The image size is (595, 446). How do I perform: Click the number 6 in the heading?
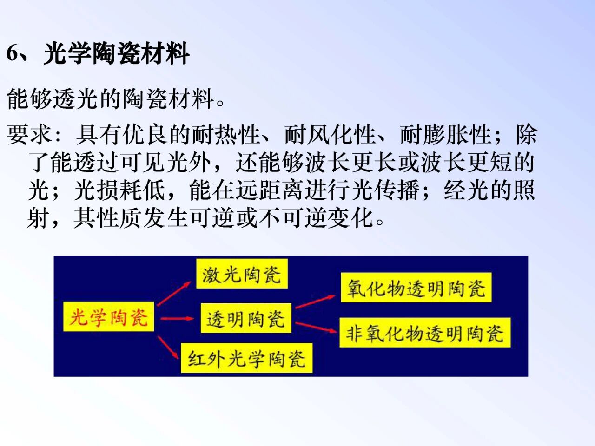pos(13,53)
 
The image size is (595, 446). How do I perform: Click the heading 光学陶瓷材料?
pos(117,53)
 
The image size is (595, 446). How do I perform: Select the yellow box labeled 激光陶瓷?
pos(242,274)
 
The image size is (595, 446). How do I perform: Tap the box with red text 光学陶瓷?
pos(108,316)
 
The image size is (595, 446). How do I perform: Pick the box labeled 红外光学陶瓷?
pos(247,358)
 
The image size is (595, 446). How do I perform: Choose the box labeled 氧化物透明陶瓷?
pos(416,288)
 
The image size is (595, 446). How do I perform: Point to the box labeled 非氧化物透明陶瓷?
pos(425,333)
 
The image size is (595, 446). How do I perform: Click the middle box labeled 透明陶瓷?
pos(246,318)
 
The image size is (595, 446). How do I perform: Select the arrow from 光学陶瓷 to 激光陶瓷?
pos(174,294)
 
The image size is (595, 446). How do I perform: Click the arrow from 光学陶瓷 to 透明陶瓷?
pos(177,319)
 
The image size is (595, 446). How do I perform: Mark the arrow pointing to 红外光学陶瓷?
pos(168,348)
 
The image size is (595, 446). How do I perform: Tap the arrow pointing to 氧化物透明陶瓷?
pos(315,302)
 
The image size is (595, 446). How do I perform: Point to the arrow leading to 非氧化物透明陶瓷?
pos(316,327)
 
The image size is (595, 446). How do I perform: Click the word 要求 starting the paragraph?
pos(29,135)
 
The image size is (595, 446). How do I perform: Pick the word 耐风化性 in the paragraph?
pos(330,135)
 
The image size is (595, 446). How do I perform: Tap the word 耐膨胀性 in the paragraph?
pos(445,135)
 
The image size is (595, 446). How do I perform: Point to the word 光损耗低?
pos(120,190)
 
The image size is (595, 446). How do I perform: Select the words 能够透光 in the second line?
pos(52,99)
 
